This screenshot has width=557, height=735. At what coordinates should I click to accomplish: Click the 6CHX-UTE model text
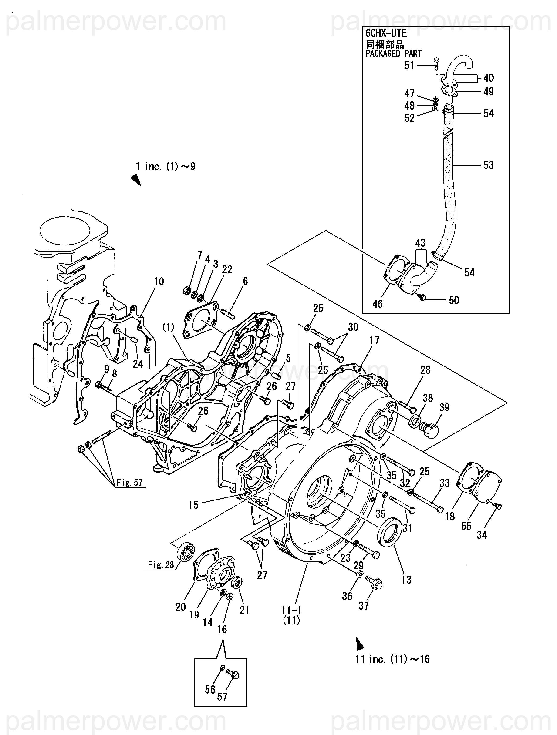point(386,33)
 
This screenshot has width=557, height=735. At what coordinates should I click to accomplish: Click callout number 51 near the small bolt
point(409,65)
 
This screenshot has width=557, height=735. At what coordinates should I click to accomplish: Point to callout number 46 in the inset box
point(378,303)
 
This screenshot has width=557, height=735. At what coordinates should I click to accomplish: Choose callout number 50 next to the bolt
point(454,300)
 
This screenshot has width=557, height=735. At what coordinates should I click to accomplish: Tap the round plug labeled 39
point(430,431)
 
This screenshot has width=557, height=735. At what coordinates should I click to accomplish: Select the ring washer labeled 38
point(415,422)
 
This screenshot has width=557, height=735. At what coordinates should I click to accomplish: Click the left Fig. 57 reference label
point(129,482)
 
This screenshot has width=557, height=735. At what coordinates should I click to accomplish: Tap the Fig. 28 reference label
point(161,565)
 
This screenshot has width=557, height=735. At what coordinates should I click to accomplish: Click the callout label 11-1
point(291,610)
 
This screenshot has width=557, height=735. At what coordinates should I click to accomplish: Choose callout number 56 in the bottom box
point(210,689)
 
